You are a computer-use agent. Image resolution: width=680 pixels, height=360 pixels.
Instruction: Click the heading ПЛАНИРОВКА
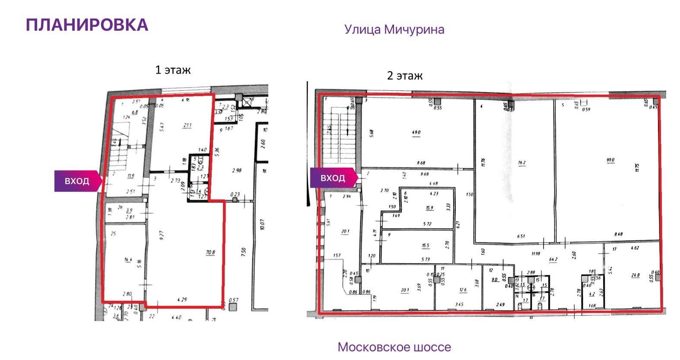pos(87,25)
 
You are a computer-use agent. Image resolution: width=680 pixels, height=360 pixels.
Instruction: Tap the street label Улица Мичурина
pos(394,29)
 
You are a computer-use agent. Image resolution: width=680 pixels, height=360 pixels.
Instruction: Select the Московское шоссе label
pos(394,347)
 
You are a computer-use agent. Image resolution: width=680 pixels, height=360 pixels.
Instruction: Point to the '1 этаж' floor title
pos(173,70)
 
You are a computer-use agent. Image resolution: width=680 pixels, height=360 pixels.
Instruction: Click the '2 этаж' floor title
pos(404,76)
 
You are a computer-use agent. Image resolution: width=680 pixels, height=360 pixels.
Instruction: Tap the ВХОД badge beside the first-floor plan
pos(77,181)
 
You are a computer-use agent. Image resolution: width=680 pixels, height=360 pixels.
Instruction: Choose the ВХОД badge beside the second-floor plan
pos(333,178)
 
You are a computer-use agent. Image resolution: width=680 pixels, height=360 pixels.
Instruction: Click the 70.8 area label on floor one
pos(210,252)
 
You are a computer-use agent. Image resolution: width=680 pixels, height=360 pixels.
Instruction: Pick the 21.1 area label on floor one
pos(187,126)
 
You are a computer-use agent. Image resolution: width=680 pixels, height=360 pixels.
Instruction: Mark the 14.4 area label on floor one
pos(128,260)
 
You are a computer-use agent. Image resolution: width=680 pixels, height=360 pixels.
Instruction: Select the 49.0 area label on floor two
pos(416,133)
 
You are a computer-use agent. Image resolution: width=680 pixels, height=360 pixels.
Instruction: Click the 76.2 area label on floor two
pos(521,163)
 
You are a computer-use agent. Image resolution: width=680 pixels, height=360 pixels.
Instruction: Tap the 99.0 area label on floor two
pos(610,160)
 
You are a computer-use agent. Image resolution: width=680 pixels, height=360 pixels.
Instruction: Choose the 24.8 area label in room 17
pos(635,275)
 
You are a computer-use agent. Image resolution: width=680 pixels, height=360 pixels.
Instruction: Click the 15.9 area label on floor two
pos(429,208)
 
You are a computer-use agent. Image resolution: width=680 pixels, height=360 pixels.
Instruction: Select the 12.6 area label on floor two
pos(463,290)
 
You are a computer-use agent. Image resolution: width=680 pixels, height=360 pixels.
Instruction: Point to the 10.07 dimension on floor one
pos(263,225)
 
